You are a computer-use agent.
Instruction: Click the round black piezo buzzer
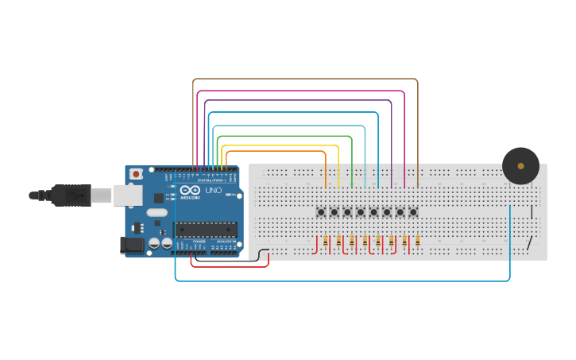[x=520, y=165]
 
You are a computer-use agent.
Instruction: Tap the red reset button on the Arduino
[x=136, y=173]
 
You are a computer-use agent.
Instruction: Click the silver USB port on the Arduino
[x=126, y=195]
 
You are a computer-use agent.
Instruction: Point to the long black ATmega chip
[x=206, y=230]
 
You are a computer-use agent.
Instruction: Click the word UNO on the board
[x=214, y=191]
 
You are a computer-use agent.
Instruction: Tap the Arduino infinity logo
[x=190, y=190]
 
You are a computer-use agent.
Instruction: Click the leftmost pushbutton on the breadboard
[x=321, y=212]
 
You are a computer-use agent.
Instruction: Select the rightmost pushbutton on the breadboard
[x=413, y=212]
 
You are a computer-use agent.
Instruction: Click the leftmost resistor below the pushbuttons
[x=326, y=241]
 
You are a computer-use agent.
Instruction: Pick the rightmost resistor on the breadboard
[x=418, y=241]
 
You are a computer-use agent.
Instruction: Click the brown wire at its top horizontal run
[x=306, y=79]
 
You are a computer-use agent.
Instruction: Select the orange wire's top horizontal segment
[x=274, y=151]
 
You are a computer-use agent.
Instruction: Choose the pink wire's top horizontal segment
[x=302, y=91]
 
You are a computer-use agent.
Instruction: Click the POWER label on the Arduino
[x=199, y=241]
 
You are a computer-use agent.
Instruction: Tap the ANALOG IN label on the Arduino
[x=225, y=241]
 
